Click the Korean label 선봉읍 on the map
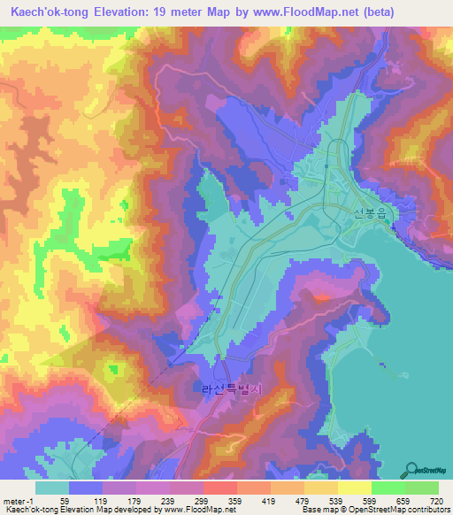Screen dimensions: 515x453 tap(371, 212)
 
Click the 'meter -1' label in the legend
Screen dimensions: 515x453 tap(18, 500)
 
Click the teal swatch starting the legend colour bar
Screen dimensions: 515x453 tap(51, 488)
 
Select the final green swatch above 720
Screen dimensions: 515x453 tap(421, 488)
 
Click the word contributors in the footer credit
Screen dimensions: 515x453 tap(425, 510)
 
